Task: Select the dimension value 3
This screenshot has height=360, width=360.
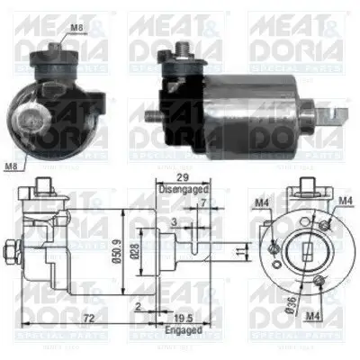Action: (x=174, y=217)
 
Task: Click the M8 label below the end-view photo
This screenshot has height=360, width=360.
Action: (x=11, y=166)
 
